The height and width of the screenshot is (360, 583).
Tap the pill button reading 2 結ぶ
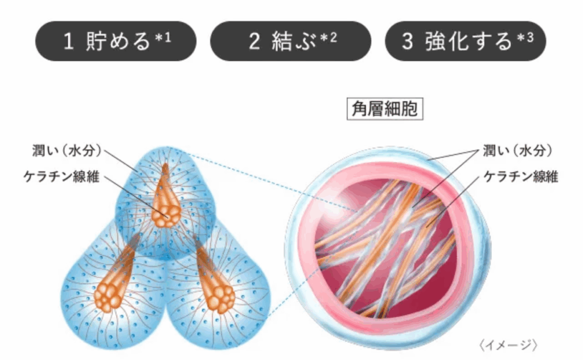pos(290,42)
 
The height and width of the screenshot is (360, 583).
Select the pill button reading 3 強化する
pos(465,42)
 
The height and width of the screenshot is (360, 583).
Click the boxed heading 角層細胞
pos(385,108)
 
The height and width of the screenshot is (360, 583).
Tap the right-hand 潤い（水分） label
pos(518,151)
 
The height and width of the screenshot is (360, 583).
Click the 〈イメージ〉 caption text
pos(508,345)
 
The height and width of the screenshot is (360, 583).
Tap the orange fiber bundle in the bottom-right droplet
pos(215,288)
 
